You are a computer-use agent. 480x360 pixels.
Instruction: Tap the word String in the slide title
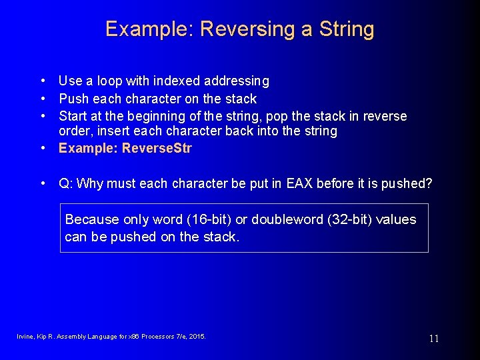pos(346,29)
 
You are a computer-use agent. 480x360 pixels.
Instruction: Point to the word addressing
pos(237,81)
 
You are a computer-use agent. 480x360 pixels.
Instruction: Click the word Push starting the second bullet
pos(73,99)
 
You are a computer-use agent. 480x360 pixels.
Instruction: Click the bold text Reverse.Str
pos(157,148)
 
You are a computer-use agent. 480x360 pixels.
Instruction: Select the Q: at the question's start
pos(66,183)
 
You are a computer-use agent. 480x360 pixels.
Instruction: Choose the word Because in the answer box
pos(92,219)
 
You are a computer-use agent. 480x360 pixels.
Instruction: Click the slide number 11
pos(434,339)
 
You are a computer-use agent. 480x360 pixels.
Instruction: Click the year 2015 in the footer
pos(197,337)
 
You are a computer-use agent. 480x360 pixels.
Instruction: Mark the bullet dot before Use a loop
pos(43,81)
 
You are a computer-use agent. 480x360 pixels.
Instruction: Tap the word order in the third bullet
pos(74,131)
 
